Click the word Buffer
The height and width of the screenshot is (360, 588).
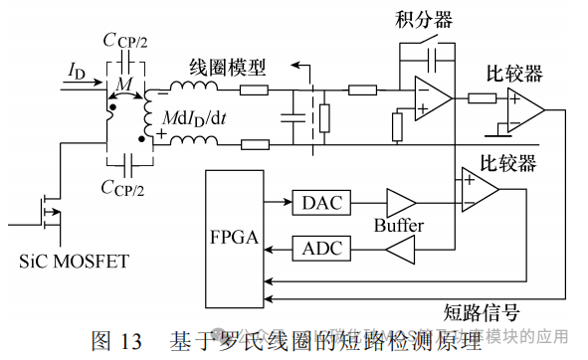(x=398, y=227)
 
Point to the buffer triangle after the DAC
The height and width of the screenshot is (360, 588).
(x=399, y=204)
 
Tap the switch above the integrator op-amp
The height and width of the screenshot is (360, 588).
(x=428, y=49)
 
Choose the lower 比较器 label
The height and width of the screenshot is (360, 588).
(x=507, y=161)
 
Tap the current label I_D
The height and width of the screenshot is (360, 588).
(x=78, y=70)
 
